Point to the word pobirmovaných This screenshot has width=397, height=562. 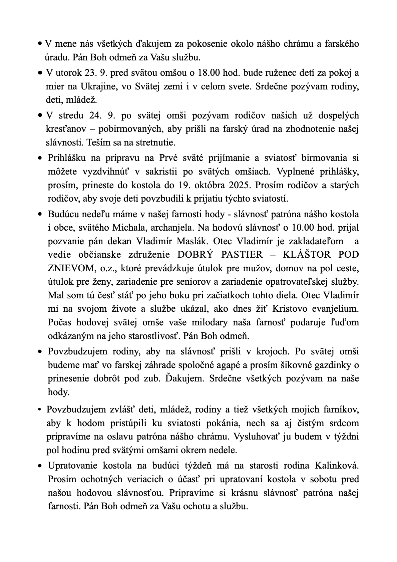[x=131, y=129]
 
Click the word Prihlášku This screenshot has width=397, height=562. [x=67, y=158]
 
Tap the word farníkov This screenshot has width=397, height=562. [x=341, y=409]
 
